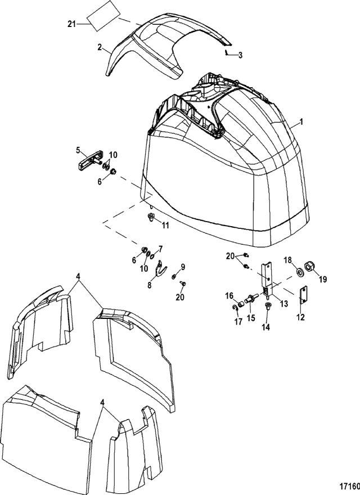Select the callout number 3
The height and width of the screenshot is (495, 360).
click(x=240, y=55)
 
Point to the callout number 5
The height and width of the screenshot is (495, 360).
click(x=79, y=150)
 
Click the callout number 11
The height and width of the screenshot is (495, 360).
click(x=165, y=225)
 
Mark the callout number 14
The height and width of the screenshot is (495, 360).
click(x=267, y=326)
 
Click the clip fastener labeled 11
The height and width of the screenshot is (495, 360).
click(x=150, y=218)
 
